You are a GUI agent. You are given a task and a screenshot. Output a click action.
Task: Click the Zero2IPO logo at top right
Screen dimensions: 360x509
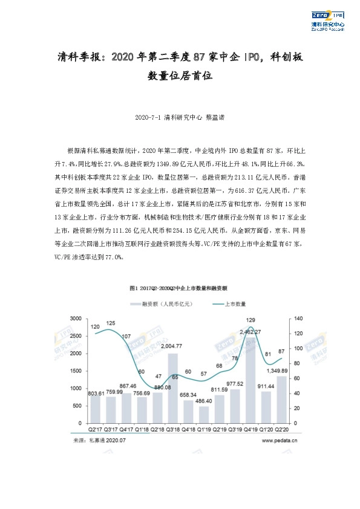pos(327,19)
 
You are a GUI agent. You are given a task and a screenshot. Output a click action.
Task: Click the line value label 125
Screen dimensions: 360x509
pos(111,323)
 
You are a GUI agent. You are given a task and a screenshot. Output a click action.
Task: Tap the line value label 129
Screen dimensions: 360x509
pos(250,320)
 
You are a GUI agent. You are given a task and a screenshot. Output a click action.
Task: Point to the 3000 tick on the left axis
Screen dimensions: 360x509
pos(76,319)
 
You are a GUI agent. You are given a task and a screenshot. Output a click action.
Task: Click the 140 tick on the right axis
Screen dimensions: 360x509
pos(298,319)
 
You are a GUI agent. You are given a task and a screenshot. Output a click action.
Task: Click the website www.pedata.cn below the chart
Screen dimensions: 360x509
pos(280,441)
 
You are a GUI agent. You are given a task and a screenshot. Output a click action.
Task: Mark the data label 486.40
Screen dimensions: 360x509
pos(205,401)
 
